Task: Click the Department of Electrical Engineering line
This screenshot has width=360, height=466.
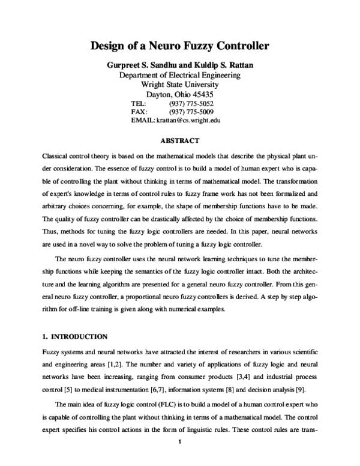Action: point(180,75)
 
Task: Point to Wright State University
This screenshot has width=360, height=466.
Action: point(180,85)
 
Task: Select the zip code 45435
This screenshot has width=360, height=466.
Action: point(202,94)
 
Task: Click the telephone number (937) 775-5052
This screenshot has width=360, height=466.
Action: point(191,103)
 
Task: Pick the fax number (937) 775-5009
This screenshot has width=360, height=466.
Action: point(191,112)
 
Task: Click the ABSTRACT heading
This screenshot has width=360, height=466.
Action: point(180,141)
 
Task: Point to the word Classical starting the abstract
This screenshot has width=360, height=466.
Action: point(55,155)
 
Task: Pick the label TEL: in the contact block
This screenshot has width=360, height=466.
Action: point(139,103)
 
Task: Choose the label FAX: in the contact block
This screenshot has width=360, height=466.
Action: point(139,112)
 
